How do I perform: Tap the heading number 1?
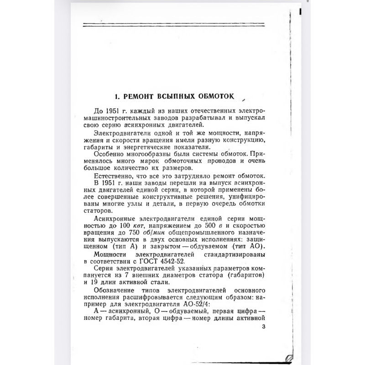click(x=117, y=97)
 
